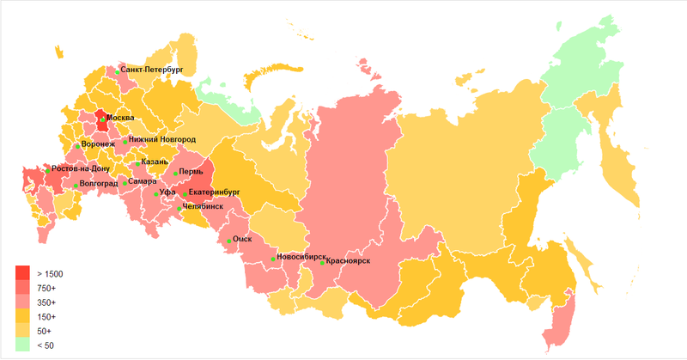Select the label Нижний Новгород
pyautogui.click(x=162, y=139)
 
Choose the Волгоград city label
pyautogui.click(x=100, y=184)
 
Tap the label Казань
pyautogui.click(x=155, y=162)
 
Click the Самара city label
pyautogui.click(x=142, y=181)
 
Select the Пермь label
pyautogui.click(x=191, y=173)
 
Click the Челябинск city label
pyautogui.click(x=204, y=207)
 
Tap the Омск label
pyautogui.click(x=242, y=240)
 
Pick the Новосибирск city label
pyautogui.click(x=301, y=257)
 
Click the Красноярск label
pyautogui.click(x=348, y=261)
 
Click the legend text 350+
pyautogui.click(x=46, y=302)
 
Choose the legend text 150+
pyautogui.click(x=46, y=317)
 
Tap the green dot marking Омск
pyautogui.click(x=228, y=241)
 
